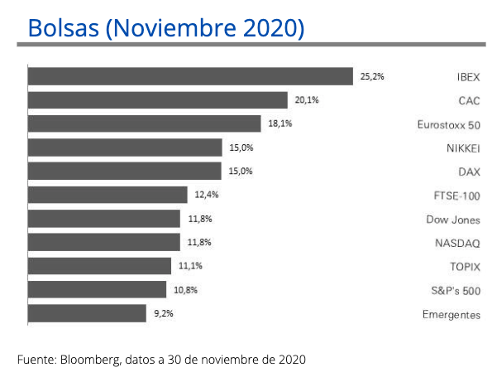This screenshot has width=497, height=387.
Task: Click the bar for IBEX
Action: click(x=190, y=76)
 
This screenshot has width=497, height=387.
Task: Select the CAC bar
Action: click(x=158, y=100)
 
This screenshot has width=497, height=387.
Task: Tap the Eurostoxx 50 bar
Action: click(x=145, y=124)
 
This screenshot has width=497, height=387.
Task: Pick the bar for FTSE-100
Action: click(x=108, y=195)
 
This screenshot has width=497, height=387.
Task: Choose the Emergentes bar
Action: click(x=87, y=313)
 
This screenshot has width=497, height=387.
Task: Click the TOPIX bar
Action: click(x=99, y=266)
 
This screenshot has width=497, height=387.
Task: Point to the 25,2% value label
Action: click(x=372, y=76)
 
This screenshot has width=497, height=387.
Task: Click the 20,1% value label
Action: click(x=307, y=100)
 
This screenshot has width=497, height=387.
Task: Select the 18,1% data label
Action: click(x=280, y=123)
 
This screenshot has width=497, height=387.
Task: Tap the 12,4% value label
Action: click(x=207, y=195)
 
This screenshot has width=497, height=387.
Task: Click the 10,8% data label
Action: click(x=185, y=290)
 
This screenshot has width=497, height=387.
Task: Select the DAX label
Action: click(x=469, y=172)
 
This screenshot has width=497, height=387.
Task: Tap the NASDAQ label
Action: click(x=457, y=244)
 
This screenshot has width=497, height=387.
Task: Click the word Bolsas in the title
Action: click(x=64, y=27)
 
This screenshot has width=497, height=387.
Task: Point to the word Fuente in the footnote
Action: click(x=36, y=360)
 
